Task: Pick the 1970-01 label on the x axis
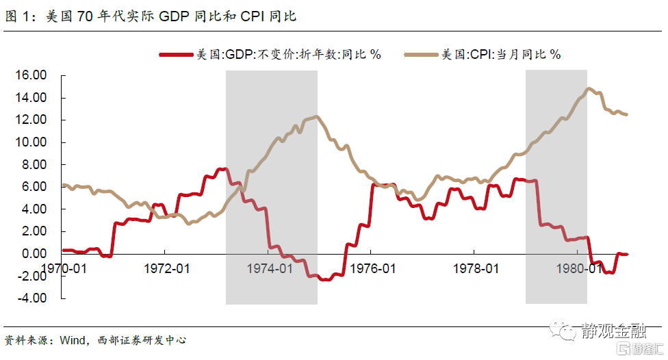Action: click(64, 269)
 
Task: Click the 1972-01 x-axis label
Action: click(167, 269)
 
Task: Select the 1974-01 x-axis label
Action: click(270, 269)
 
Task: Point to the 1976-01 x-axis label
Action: click(372, 269)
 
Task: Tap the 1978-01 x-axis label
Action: click(475, 269)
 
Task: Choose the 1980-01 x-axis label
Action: click(577, 269)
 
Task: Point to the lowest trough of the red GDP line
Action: click(324, 280)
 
